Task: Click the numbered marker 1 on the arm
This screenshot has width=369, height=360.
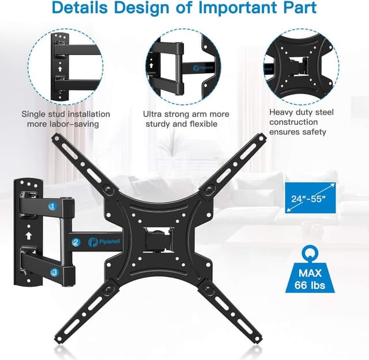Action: coord(52,205)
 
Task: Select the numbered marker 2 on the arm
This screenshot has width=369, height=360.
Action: coord(76,242)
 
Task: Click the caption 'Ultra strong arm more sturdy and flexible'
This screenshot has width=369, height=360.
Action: coord(186,119)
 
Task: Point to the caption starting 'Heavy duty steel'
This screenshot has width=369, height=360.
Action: coord(300,122)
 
